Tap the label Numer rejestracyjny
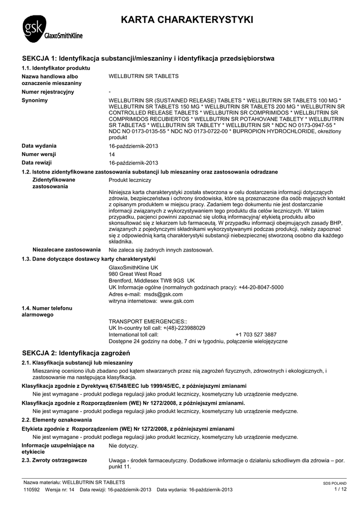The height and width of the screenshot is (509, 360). (x=48, y=92)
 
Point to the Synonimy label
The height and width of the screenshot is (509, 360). (x=35, y=100)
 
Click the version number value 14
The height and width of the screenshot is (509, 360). (x=111, y=154)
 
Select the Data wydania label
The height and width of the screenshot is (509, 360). (x=39, y=146)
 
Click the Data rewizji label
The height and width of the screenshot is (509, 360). (x=37, y=163)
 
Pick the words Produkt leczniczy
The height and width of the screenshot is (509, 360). (x=130, y=180)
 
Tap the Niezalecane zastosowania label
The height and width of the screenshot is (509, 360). (x=66, y=250)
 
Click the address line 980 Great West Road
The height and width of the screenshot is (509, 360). (x=135, y=274)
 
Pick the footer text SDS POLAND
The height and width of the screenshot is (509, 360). (x=335, y=483)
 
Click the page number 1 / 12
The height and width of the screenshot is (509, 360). (x=340, y=489)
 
